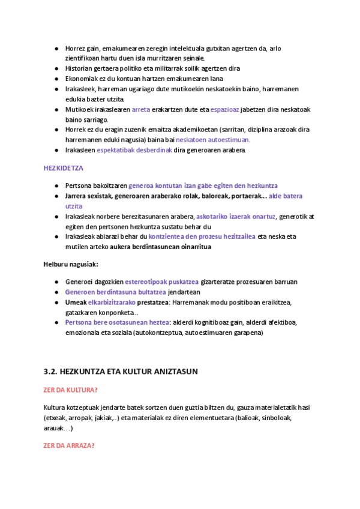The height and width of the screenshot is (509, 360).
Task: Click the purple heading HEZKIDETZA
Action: point(64,169)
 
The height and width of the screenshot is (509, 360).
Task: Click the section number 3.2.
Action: point(50,372)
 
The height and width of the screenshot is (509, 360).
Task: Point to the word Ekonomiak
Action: point(80,79)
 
